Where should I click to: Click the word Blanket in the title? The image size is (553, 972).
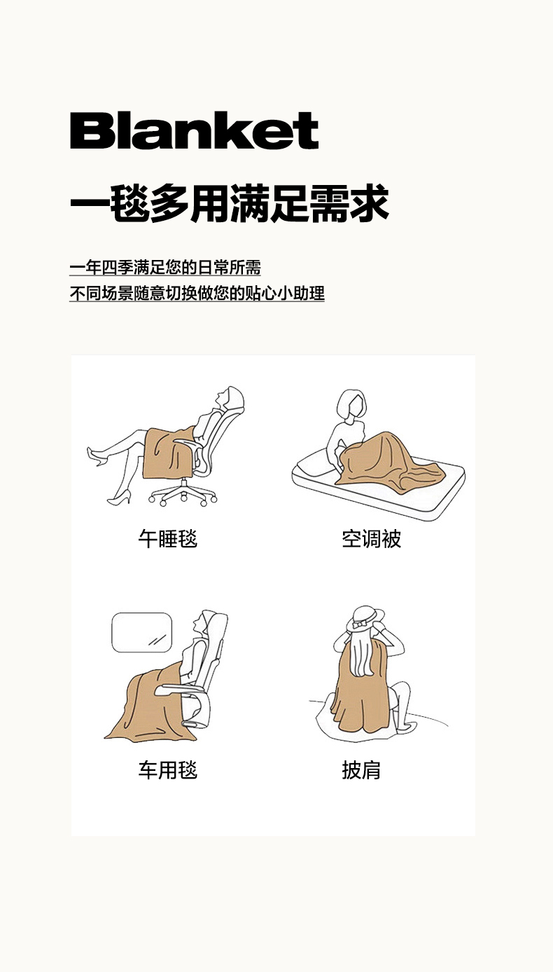point(194,130)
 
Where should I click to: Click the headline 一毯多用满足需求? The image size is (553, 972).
point(230,203)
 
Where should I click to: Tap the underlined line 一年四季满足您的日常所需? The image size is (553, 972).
point(165,268)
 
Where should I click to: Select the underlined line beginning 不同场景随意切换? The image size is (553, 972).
point(197,294)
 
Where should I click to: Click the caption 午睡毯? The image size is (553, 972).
point(168,539)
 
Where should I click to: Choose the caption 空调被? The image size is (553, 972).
point(372,539)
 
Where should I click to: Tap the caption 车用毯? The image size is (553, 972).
point(168,770)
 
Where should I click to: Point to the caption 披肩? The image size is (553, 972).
point(361,770)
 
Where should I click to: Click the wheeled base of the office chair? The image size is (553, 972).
point(183,494)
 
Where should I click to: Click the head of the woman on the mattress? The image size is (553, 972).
point(351,404)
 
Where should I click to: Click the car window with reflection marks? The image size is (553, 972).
point(141,632)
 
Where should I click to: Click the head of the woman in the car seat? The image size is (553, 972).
point(204,624)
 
